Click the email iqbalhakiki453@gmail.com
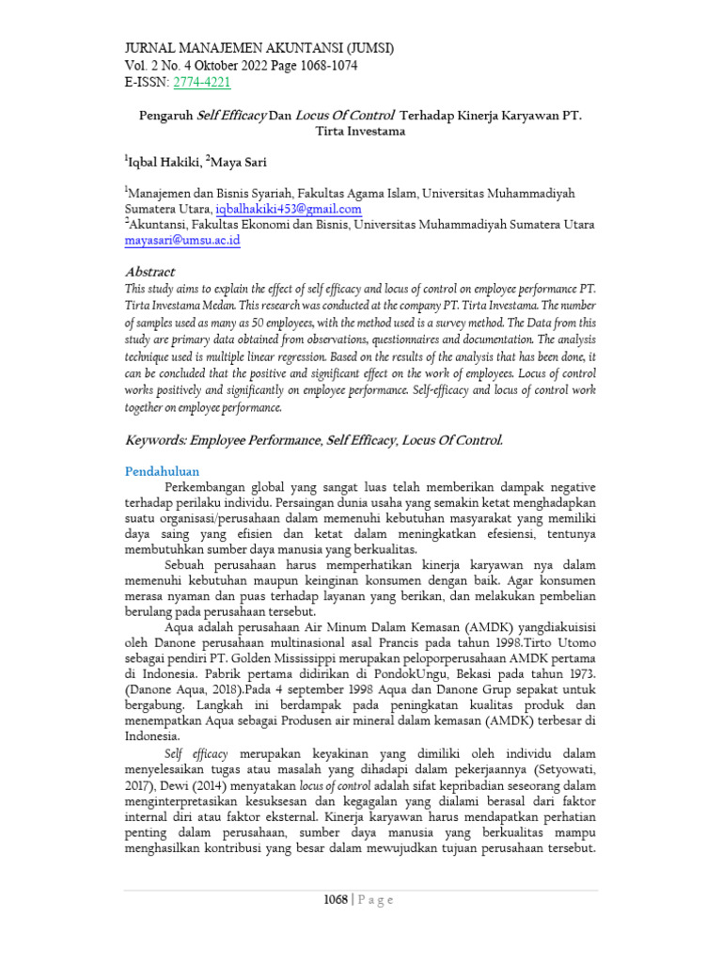pos(289,209)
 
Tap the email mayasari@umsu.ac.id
pos(183,240)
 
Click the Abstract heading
pos(150,272)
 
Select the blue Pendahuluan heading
pos(163,470)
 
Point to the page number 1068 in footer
pos(334,899)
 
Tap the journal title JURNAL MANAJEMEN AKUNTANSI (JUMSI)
pos(259,48)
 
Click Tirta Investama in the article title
pos(361,132)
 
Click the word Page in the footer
pos(373,899)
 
